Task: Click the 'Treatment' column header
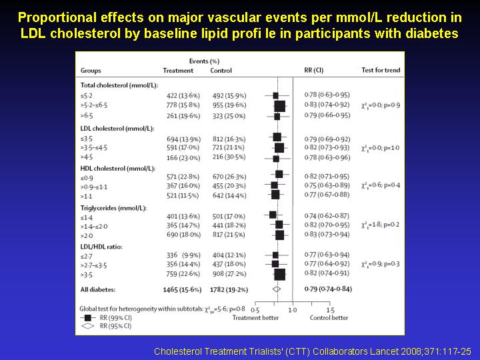(x=178, y=71)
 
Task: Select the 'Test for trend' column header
(x=381, y=71)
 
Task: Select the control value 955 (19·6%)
(x=227, y=105)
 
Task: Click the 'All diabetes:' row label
(x=98, y=289)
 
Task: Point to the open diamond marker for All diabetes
(x=276, y=289)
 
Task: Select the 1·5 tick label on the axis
(x=329, y=310)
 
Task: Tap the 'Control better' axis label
(x=329, y=318)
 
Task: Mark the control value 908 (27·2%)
(x=227, y=273)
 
